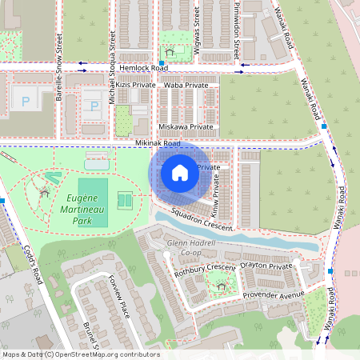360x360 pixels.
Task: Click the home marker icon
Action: [x=179, y=172]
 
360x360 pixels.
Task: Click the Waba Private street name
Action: [x=186, y=84]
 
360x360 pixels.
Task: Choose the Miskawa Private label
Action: [x=186, y=126]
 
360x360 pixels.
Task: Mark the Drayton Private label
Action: [x=267, y=265]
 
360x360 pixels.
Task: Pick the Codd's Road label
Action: [x=30, y=264]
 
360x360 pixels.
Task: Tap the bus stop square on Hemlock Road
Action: [x=162, y=62]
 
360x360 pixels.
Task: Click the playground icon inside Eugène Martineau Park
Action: [x=43, y=192]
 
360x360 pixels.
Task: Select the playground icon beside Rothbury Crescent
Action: [x=221, y=285]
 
